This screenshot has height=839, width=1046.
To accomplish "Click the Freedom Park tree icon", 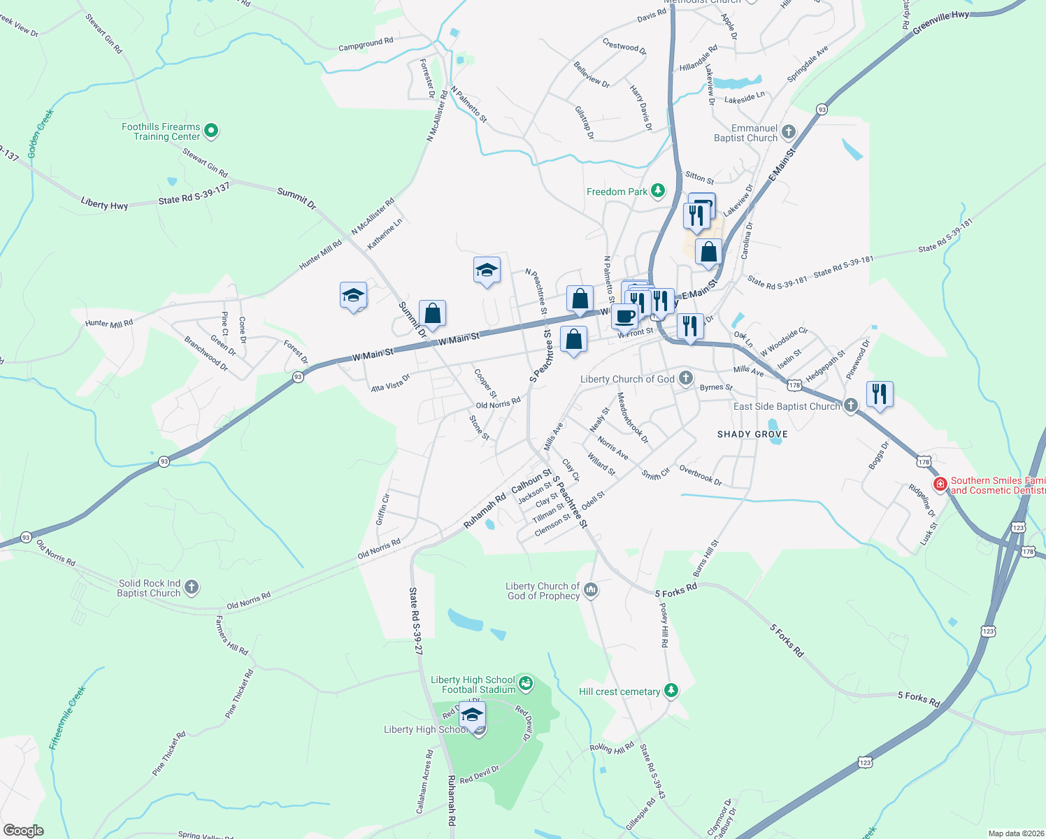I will [657, 191].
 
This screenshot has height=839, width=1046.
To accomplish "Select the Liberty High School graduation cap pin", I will [473, 716].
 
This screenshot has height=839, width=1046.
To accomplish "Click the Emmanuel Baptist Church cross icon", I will [789, 132].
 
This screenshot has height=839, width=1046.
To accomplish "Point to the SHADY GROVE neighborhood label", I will [752, 434].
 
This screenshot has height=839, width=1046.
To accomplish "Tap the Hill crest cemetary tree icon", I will [671, 691].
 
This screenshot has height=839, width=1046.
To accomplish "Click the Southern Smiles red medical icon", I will [940, 484].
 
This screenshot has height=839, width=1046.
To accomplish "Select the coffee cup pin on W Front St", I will [625, 316].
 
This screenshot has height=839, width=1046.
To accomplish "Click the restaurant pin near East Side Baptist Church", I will [879, 394].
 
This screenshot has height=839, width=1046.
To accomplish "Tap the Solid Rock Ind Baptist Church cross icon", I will [192, 588].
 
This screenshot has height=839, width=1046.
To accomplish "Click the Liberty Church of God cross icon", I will [686, 379].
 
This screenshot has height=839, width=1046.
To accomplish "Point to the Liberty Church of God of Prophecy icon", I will [591, 591].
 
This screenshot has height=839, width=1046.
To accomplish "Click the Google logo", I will [23, 831].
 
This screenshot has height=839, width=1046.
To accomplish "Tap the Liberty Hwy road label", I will [104, 204].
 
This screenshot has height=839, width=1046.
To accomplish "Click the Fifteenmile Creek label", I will [68, 717].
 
